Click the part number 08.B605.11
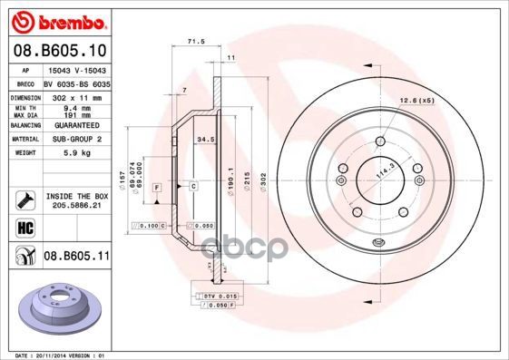(76, 257)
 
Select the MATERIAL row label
(24, 140)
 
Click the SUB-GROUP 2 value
(75, 140)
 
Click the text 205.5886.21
(75, 207)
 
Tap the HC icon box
(24, 229)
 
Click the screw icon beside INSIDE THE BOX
(24, 199)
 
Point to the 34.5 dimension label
(205, 139)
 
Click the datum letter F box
(157, 187)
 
